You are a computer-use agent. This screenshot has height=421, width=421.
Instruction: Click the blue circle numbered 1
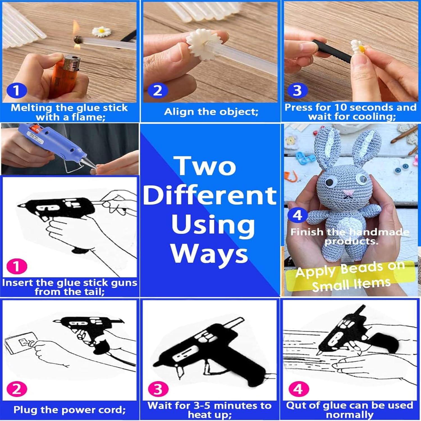point(17,90)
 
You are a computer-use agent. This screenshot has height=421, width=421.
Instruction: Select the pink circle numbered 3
point(158,389)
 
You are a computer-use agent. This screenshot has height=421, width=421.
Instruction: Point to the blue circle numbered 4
point(297,215)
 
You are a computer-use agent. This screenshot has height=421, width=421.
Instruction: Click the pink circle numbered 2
point(17,389)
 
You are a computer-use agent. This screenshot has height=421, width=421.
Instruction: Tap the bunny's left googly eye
point(329,182)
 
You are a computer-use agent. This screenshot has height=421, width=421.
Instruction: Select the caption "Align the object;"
point(211,112)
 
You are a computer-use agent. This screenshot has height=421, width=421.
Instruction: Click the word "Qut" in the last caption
point(296,405)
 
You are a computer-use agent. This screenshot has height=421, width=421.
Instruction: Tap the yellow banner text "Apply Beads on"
point(350,270)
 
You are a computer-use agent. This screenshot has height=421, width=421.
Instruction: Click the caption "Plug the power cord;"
point(70,410)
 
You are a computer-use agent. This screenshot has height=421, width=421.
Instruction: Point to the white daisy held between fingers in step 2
point(198,44)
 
